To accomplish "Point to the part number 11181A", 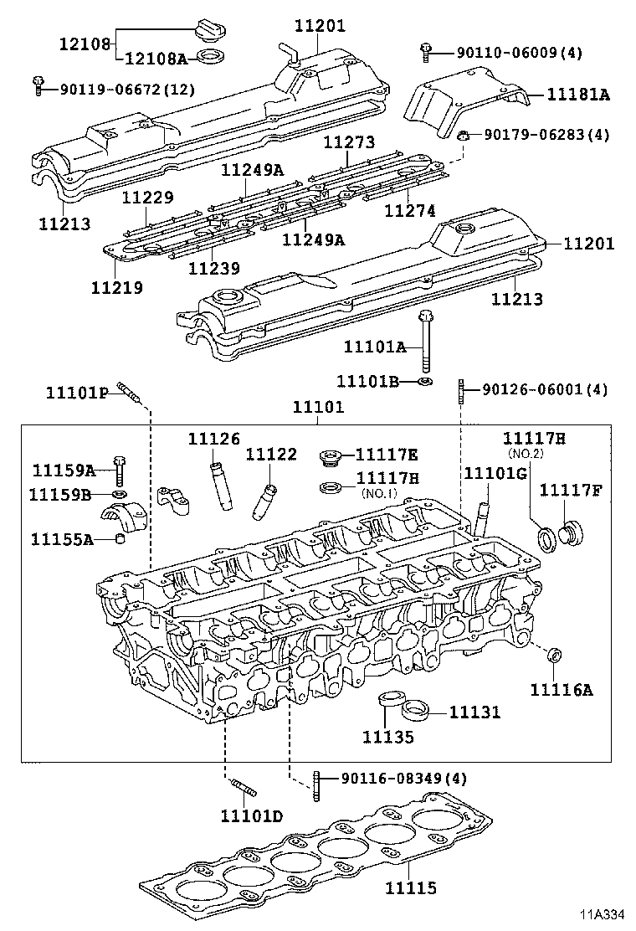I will click(578, 95).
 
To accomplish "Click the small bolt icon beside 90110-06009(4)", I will click(427, 52).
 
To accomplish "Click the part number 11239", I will click(214, 269).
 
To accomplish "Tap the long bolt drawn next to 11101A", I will click(426, 343).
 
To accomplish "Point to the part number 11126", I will click(213, 439).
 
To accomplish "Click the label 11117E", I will click(386, 455).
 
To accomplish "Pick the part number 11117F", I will click(570, 490).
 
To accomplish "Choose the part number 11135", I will click(387, 736).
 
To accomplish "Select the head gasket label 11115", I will click(410, 887).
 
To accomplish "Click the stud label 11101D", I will click(252, 815).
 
